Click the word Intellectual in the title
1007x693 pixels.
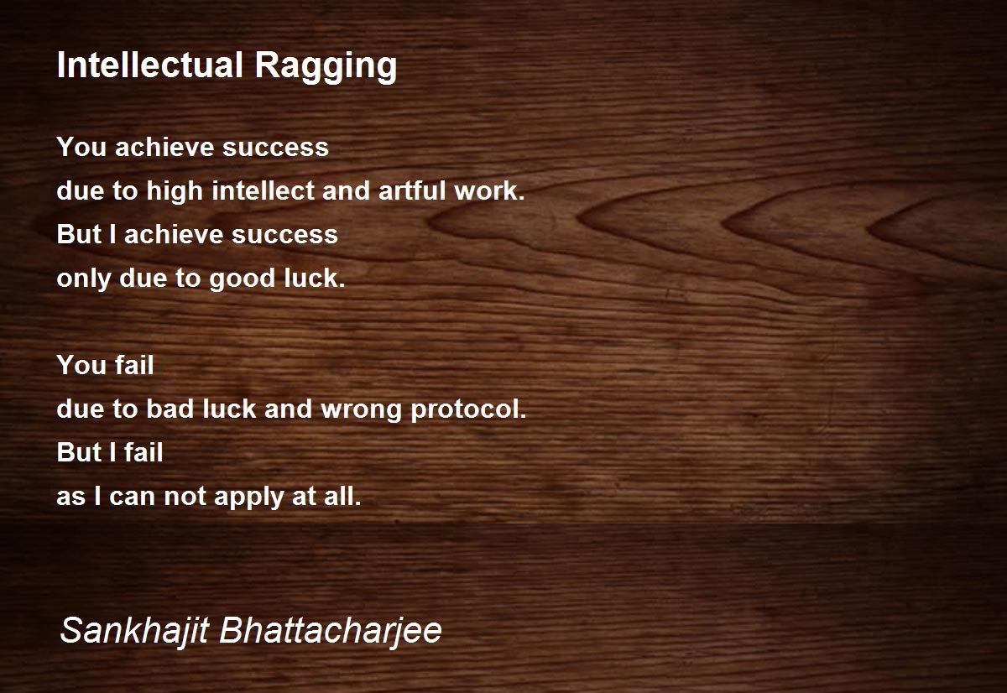150,65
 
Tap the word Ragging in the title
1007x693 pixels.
326,67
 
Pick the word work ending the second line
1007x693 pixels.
489,190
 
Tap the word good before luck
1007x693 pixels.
242,279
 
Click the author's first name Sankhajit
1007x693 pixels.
134,631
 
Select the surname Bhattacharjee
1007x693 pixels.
331,631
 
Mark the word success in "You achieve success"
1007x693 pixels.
275,148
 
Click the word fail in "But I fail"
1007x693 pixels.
143,452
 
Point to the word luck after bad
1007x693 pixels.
229,409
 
